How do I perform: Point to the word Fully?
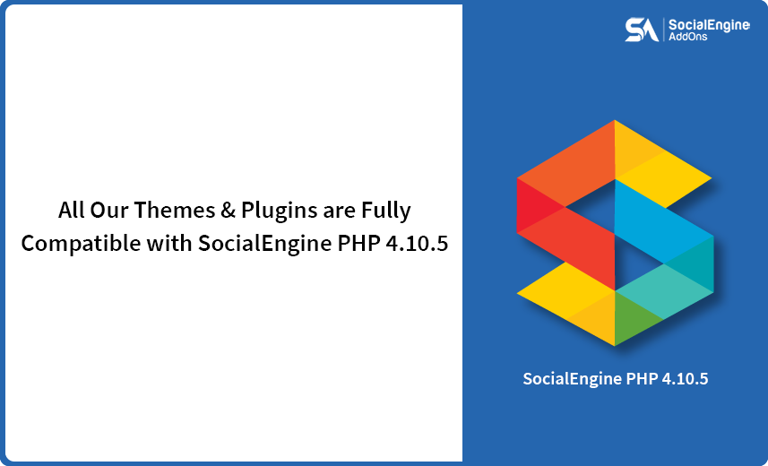[x=387, y=211]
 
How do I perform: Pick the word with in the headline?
[x=162, y=243]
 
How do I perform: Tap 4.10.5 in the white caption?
[x=685, y=379]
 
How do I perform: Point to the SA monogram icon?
[x=641, y=30]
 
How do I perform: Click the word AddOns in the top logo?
[x=687, y=39]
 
